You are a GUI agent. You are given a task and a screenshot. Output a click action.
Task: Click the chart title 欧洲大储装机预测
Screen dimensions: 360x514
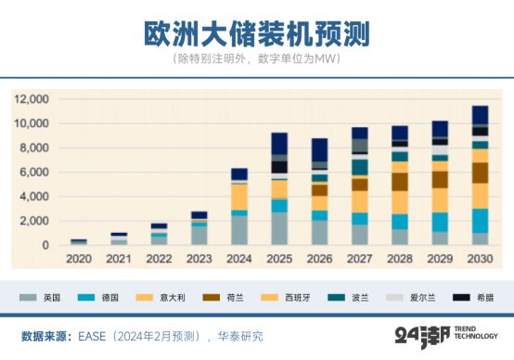click(x=256, y=32)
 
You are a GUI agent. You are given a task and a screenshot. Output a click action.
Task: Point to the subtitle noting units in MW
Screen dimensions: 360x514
click(x=256, y=59)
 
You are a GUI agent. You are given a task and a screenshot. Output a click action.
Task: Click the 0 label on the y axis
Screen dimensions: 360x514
click(x=45, y=246)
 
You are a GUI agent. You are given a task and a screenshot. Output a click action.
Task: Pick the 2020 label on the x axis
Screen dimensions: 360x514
click(x=79, y=261)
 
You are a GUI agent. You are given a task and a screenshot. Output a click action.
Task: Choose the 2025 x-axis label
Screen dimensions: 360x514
click(x=279, y=261)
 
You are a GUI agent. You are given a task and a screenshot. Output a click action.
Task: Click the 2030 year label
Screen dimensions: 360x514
click(x=480, y=261)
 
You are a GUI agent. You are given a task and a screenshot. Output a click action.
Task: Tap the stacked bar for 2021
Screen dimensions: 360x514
click(x=119, y=239)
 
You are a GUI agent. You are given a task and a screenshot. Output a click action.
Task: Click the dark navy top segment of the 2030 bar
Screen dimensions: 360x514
click(x=480, y=114)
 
